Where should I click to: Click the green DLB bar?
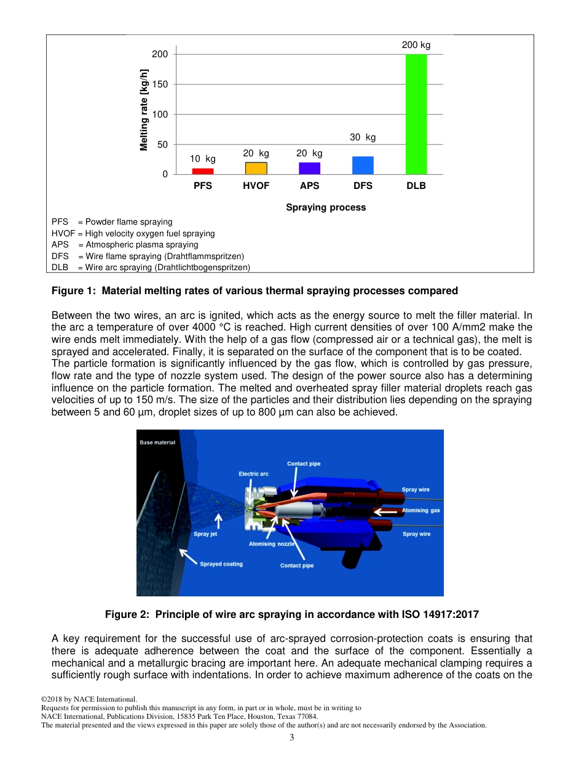pos(416,114)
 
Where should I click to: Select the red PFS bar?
pos(203,171)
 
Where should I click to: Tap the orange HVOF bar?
pos(256,168)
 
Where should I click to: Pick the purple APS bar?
pos(309,168)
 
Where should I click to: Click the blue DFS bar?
pos(363,165)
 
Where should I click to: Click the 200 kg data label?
pos(416,45)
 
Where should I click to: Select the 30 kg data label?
pos(363,137)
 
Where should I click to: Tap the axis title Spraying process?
pos(326,207)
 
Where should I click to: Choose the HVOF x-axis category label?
pos(256,186)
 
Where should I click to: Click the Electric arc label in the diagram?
pos(253,474)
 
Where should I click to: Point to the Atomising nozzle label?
pos(271,544)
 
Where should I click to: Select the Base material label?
pos(157,443)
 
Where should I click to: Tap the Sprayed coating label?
pos(221,564)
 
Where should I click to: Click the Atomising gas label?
pos(421,510)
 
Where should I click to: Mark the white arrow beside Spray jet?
pos(218,521)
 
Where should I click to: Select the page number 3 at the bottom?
pos(292,738)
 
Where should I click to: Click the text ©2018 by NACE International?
pos(89,699)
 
